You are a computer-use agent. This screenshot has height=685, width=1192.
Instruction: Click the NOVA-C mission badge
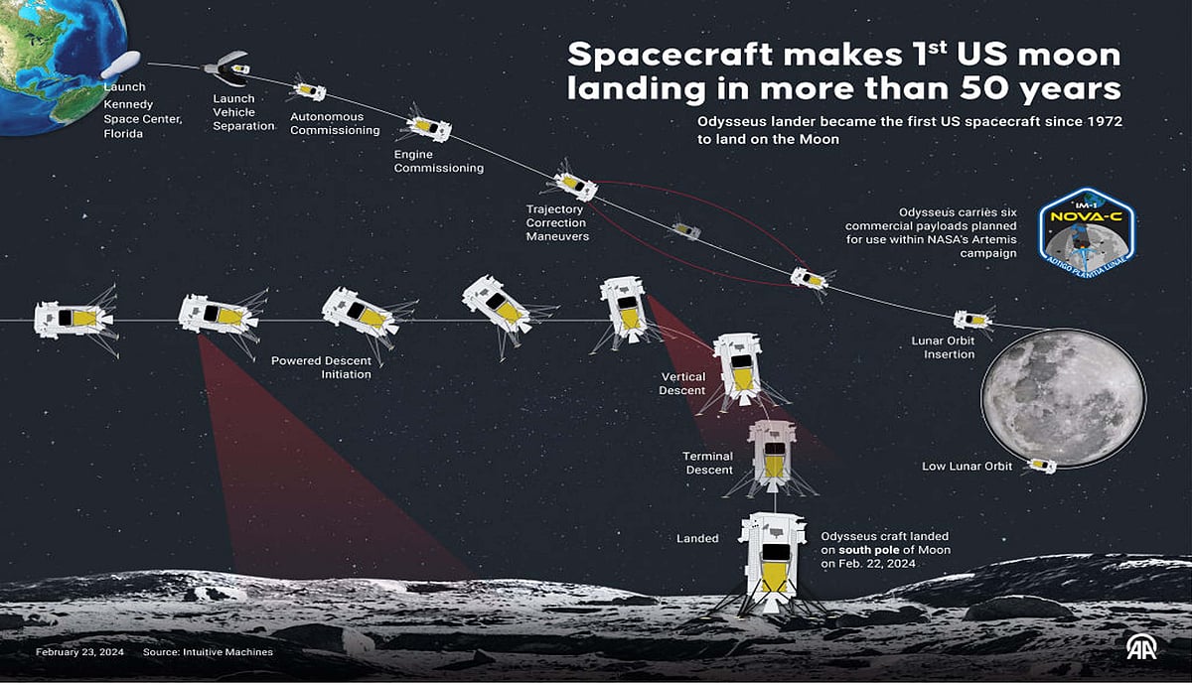(1087, 233)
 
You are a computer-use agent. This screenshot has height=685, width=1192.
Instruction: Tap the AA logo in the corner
(1141, 647)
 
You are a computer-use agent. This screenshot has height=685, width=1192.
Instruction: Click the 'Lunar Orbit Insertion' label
(943, 347)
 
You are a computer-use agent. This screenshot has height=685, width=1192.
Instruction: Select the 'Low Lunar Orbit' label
(967, 466)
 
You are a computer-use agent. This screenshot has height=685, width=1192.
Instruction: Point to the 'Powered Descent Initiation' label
(321, 367)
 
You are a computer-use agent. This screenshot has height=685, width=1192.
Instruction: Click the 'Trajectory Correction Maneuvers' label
(557, 222)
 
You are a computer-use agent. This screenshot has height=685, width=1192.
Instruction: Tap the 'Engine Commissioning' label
(438, 161)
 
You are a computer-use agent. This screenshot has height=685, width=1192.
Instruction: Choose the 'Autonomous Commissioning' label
(335, 123)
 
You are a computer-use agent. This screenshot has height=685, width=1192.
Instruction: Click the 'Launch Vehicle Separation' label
(243, 112)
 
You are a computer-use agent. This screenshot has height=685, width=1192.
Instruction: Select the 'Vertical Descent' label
(682, 383)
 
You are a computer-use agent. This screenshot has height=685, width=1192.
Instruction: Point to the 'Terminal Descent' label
(707, 463)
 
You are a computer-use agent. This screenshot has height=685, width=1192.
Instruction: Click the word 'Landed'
(697, 539)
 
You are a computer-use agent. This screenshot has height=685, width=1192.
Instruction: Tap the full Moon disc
(1063, 398)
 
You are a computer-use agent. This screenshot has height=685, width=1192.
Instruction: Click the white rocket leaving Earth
(121, 65)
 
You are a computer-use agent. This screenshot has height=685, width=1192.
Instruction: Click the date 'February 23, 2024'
(79, 652)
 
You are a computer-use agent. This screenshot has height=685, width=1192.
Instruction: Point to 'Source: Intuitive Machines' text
(208, 652)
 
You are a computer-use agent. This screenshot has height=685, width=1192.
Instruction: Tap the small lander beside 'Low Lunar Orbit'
(1042, 466)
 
